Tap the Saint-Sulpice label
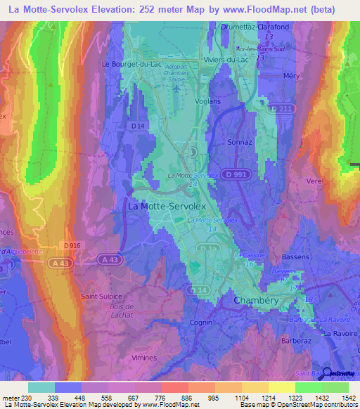pyautogui.click(x=101, y=297)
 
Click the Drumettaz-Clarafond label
pyautogui.click(x=245, y=27)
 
